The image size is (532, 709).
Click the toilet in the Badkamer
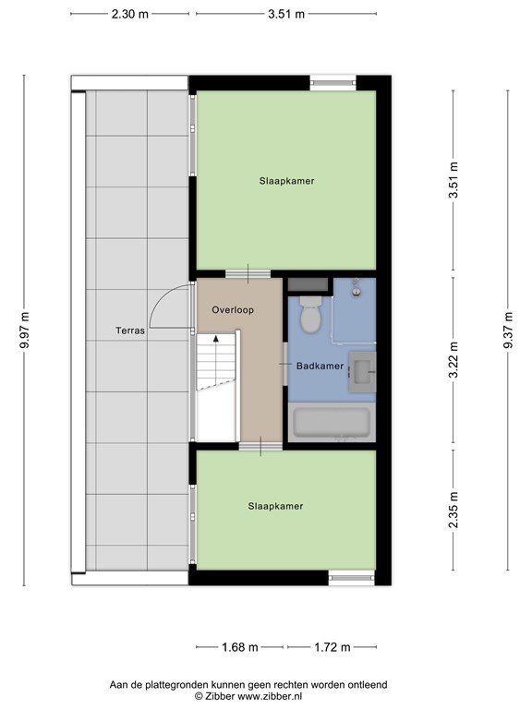coord(310,315)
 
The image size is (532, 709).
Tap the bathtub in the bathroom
coord(332,423)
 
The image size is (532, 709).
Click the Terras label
coord(130,330)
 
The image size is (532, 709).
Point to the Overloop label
coord(233,310)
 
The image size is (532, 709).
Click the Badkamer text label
coord(320,366)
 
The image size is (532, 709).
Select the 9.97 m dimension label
coord(24,330)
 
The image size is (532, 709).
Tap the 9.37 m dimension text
coord(508,330)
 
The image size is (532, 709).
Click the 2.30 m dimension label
coord(130,14)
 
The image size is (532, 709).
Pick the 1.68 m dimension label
coord(240,647)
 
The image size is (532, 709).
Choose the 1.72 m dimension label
coord(332,647)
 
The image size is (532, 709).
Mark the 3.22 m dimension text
coord(453,359)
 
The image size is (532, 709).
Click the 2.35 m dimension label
coord(453,510)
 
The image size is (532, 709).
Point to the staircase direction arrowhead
coord(216,338)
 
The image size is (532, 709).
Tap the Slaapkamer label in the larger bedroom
coord(287,181)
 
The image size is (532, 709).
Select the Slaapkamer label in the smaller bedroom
coord(275,507)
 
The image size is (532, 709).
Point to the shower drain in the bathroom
coord(357,292)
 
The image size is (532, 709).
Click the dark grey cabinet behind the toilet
coord(308,285)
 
